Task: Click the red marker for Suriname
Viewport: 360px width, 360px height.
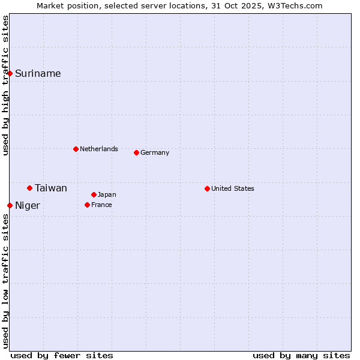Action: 10,74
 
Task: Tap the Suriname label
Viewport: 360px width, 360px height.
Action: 38,74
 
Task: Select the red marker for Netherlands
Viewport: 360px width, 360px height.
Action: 76,149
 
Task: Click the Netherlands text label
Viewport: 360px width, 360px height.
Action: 99,149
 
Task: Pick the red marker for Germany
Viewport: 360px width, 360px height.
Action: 136,152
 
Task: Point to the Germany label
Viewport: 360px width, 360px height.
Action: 155,152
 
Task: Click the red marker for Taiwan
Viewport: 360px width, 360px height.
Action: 29,188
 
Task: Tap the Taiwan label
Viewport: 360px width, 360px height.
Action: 51,188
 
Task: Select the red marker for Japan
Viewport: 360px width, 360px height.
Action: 94,194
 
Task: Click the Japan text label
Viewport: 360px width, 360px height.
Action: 107,194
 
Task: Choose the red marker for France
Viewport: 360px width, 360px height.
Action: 87,205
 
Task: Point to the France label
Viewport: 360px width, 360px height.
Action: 101,205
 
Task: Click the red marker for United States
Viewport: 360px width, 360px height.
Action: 207,188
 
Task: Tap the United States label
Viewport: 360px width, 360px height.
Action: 233,188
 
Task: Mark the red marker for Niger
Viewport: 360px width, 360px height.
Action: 10,206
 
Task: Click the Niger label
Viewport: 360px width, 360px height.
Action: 28,206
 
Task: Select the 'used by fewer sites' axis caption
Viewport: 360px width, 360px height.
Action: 62,355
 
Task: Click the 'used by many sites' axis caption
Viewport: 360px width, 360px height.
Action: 301,355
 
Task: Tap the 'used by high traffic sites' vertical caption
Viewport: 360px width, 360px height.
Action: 5,85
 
